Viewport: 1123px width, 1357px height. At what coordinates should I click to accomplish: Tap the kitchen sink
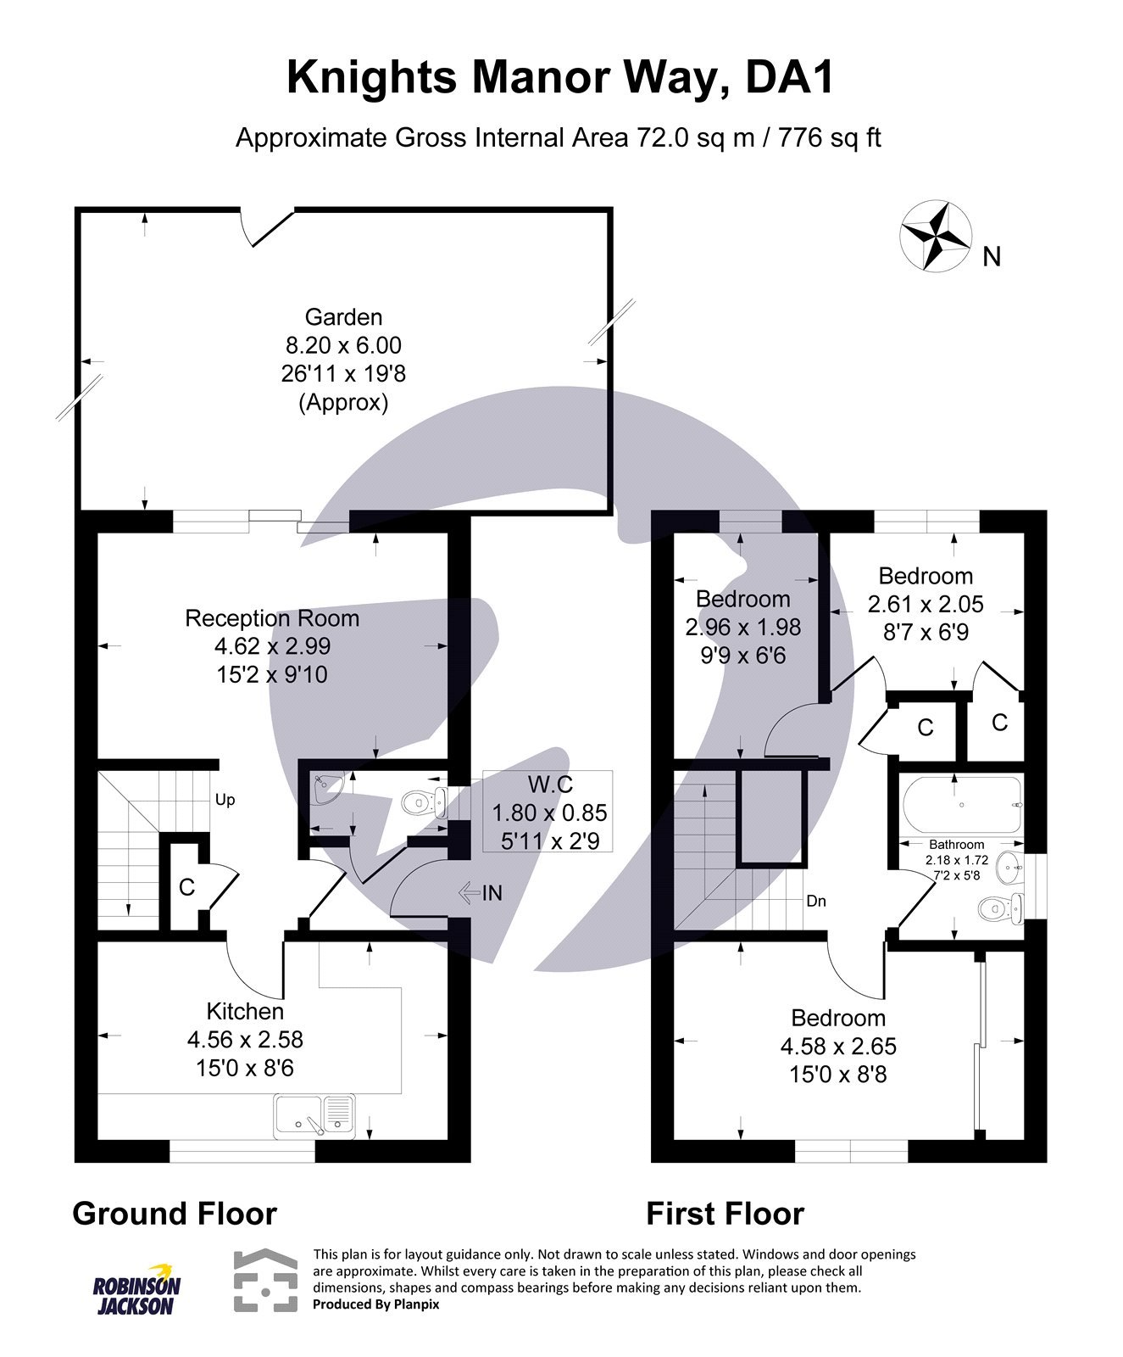click(314, 1114)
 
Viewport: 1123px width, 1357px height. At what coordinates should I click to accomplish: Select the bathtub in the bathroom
click(961, 805)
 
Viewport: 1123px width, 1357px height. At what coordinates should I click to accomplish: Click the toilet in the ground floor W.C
click(420, 802)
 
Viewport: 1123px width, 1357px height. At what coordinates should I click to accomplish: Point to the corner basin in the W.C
click(325, 789)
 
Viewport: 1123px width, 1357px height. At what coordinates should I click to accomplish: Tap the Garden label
click(343, 317)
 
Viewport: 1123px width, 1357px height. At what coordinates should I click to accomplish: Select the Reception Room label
click(272, 618)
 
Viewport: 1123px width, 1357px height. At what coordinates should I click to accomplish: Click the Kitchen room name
click(245, 1011)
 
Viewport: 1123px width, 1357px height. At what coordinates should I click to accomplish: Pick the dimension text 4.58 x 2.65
click(838, 1046)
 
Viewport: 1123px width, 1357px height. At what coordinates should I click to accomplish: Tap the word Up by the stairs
click(225, 800)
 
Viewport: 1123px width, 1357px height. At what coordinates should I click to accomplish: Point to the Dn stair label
click(816, 901)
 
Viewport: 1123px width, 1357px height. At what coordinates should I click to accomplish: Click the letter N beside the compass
click(992, 256)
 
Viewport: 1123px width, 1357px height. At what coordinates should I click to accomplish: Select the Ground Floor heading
click(175, 1214)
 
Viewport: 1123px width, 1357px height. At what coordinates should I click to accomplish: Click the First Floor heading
click(725, 1214)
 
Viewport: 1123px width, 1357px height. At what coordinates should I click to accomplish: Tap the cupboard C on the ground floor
click(186, 887)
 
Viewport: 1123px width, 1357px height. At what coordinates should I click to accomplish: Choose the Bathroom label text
click(956, 845)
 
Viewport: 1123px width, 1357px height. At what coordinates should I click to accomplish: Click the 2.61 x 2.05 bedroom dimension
click(926, 604)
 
